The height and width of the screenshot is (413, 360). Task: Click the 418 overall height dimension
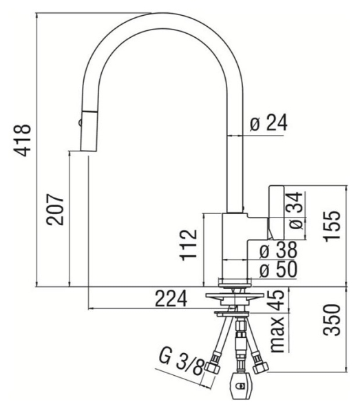tap(23, 140)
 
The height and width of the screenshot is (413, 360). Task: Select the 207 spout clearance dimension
tap(55, 210)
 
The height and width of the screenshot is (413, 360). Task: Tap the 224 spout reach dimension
tap(171, 299)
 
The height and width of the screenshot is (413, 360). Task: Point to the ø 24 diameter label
tap(268, 123)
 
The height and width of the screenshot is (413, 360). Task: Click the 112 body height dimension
tap(189, 245)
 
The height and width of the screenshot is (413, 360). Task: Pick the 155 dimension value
tap(332, 226)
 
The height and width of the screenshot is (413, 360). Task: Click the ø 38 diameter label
tap(278, 250)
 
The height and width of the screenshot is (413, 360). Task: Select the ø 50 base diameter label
tap(278, 269)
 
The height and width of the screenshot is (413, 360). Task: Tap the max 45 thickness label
tap(278, 321)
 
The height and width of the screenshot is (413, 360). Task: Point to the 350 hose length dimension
tap(332, 320)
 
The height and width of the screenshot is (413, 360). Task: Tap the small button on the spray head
tap(80, 123)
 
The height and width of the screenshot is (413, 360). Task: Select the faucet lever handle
tap(276, 212)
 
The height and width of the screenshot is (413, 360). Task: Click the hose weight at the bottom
tap(240, 385)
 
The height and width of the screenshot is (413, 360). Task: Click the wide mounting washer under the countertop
tap(235, 296)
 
